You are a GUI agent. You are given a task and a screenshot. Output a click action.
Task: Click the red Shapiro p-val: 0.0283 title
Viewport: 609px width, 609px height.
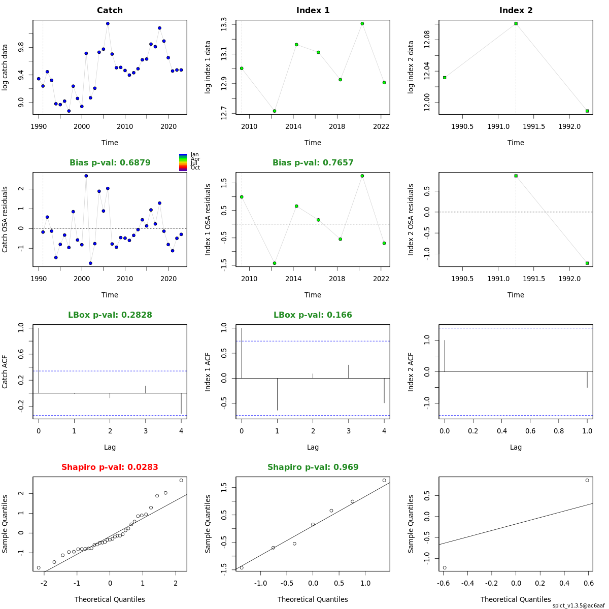tap(110, 467)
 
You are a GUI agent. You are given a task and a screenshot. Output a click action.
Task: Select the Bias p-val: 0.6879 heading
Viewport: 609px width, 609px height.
tap(110, 162)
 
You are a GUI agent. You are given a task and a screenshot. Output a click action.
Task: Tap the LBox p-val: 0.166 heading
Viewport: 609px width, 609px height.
tap(313, 315)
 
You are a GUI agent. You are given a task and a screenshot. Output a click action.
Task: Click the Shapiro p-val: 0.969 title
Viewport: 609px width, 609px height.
tap(313, 467)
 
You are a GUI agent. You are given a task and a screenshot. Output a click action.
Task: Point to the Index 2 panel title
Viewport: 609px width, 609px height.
tap(516, 10)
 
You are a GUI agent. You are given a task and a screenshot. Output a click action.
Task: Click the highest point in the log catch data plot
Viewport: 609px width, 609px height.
tap(108, 23)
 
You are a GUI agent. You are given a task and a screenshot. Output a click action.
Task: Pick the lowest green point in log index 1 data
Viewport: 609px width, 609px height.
tap(275, 111)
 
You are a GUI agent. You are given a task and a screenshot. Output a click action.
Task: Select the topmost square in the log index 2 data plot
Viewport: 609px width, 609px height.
tap(516, 23)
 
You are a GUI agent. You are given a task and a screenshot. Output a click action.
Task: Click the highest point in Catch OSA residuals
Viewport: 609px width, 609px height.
tap(86, 176)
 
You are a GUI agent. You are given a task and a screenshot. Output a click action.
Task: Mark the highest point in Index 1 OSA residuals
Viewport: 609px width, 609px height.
tap(362, 176)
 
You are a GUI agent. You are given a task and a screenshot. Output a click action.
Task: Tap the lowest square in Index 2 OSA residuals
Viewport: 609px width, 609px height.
tap(587, 263)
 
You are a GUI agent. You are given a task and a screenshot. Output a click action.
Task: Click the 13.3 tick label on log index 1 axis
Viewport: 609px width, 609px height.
tap(224, 24)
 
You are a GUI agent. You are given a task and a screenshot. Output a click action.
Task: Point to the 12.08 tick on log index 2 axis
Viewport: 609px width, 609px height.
tap(427, 40)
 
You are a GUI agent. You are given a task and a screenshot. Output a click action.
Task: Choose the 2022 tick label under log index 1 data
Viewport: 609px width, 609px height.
tap(381, 126)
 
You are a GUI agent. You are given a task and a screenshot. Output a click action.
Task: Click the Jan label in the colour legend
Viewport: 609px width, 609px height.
tap(194, 154)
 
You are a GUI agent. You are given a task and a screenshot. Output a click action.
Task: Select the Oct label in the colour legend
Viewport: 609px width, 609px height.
tap(195, 167)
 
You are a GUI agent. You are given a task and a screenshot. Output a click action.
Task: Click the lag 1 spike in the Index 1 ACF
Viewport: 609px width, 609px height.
tap(277, 394)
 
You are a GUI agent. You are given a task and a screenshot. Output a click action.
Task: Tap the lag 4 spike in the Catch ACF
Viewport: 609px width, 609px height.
tap(181, 403)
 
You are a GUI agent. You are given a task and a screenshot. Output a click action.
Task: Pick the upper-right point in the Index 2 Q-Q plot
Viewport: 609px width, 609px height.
tap(587, 480)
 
